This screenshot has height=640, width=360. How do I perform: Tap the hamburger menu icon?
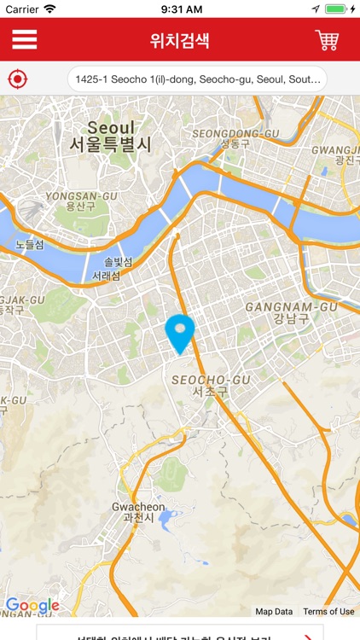tap(24, 40)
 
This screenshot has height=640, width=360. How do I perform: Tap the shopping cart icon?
tap(327, 40)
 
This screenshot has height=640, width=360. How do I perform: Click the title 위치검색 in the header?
tap(179, 40)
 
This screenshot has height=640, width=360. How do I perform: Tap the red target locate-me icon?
tap(17, 79)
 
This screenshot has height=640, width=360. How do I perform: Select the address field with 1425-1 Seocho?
tap(197, 79)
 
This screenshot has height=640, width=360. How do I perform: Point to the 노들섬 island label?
tap(29, 245)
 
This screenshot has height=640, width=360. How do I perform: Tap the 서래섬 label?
tap(106, 276)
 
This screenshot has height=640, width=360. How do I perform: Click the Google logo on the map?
tap(32, 606)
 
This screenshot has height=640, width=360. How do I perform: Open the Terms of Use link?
tap(328, 611)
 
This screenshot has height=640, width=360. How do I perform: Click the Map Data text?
tap(274, 611)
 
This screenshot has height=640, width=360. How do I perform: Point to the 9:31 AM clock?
tap(180, 9)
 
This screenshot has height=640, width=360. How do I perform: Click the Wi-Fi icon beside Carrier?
tap(49, 9)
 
